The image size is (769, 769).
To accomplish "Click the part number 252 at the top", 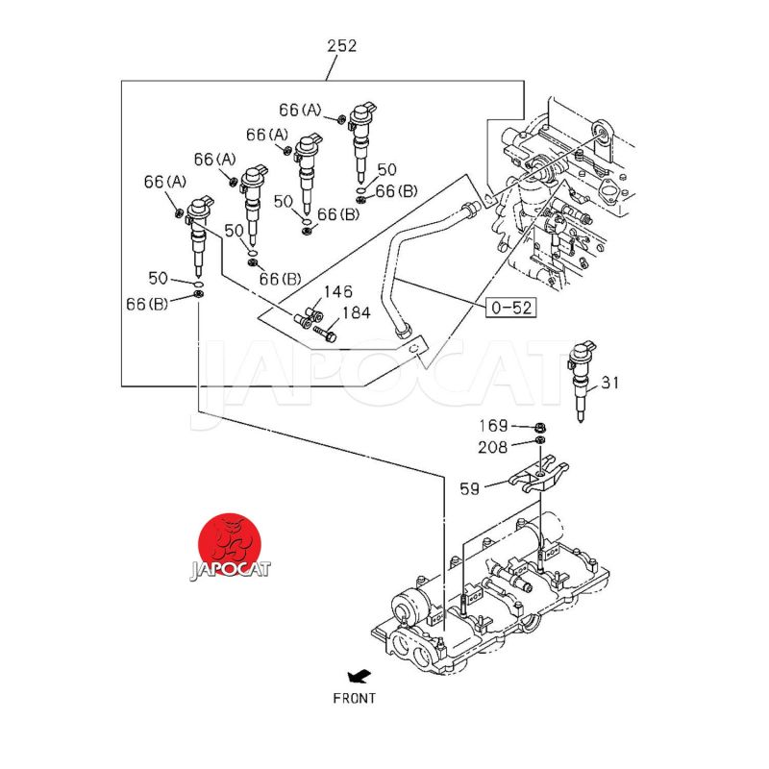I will point(342,45).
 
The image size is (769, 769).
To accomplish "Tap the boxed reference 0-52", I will point(510,308).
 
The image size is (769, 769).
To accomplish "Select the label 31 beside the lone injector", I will point(611,383).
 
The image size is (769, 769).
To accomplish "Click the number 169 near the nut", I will point(494,426).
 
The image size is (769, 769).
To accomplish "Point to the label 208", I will point(494,447).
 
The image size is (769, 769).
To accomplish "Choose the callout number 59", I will point(469,488).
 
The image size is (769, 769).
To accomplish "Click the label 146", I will point(337,292).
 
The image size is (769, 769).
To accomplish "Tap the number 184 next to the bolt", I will point(355,313).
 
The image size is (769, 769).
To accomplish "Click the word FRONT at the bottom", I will point(355,698).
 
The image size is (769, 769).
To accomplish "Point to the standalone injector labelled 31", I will point(582,380).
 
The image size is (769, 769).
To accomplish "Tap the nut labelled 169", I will point(539,426).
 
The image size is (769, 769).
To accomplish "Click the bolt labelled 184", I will point(324,334).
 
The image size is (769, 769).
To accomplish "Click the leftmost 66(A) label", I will point(165,182).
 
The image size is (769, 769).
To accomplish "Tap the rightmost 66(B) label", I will point(396,191).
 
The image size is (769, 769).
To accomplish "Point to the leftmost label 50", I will point(158,279).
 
